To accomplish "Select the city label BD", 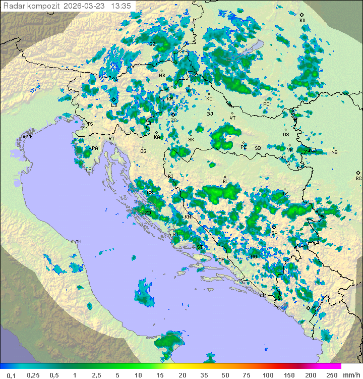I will (302, 21).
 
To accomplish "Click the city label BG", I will (358, 178).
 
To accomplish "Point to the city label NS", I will (334, 152).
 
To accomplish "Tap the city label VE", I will (30, 136).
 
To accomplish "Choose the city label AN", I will (78, 242).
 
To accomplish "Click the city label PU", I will (91, 170).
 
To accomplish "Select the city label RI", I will (111, 138).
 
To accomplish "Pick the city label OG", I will (143, 151).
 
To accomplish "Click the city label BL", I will (225, 182).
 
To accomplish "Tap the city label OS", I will (286, 135).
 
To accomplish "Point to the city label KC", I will (209, 98).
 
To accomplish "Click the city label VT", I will (232, 118).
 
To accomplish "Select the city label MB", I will (162, 76).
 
